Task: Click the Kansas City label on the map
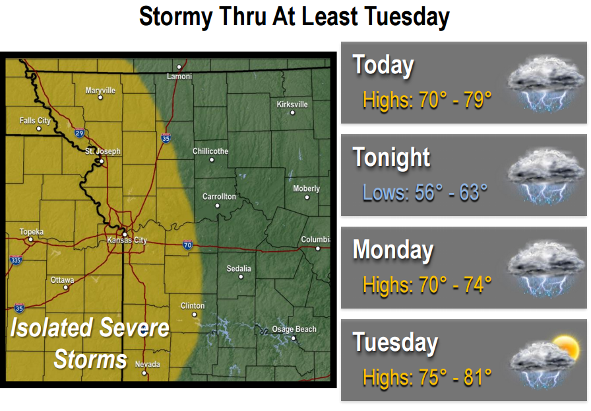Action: (x=127, y=241)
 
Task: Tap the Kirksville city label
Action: (x=292, y=104)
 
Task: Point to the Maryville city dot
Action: (x=100, y=97)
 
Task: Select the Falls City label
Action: (x=35, y=121)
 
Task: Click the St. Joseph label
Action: (x=103, y=151)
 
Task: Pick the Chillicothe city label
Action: (x=210, y=151)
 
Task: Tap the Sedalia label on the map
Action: (x=239, y=268)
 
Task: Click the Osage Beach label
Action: (x=294, y=329)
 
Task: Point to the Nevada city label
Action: (x=147, y=364)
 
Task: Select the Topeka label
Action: (x=31, y=232)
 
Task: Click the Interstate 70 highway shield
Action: (x=188, y=245)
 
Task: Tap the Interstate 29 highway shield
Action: (x=79, y=133)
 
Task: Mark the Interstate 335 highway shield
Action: (x=16, y=260)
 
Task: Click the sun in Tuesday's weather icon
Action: (x=565, y=346)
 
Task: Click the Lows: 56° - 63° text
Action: (x=425, y=192)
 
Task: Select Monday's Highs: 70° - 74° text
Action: (x=427, y=285)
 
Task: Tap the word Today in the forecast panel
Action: (x=383, y=65)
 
